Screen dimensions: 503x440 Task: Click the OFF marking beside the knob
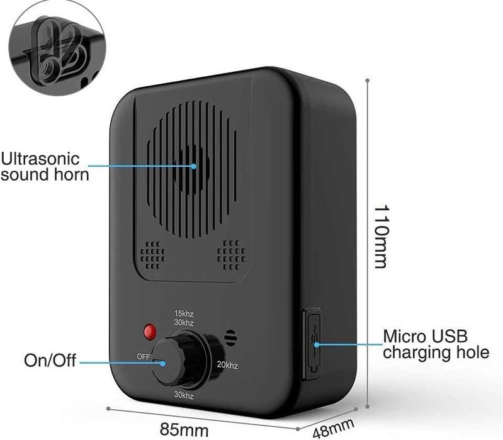[144, 356]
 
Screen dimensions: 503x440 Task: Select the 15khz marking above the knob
[183, 313]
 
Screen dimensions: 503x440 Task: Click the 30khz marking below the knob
[183, 395]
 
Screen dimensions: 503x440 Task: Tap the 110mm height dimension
[380, 236]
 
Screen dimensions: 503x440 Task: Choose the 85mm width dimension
[184, 431]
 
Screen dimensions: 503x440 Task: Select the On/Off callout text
[50, 361]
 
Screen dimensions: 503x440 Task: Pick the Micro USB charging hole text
[436, 344]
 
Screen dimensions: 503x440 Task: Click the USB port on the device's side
[312, 344]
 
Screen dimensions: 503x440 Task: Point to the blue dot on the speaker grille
[194, 166]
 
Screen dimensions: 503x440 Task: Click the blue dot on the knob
[164, 362]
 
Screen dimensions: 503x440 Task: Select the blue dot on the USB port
[317, 344]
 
